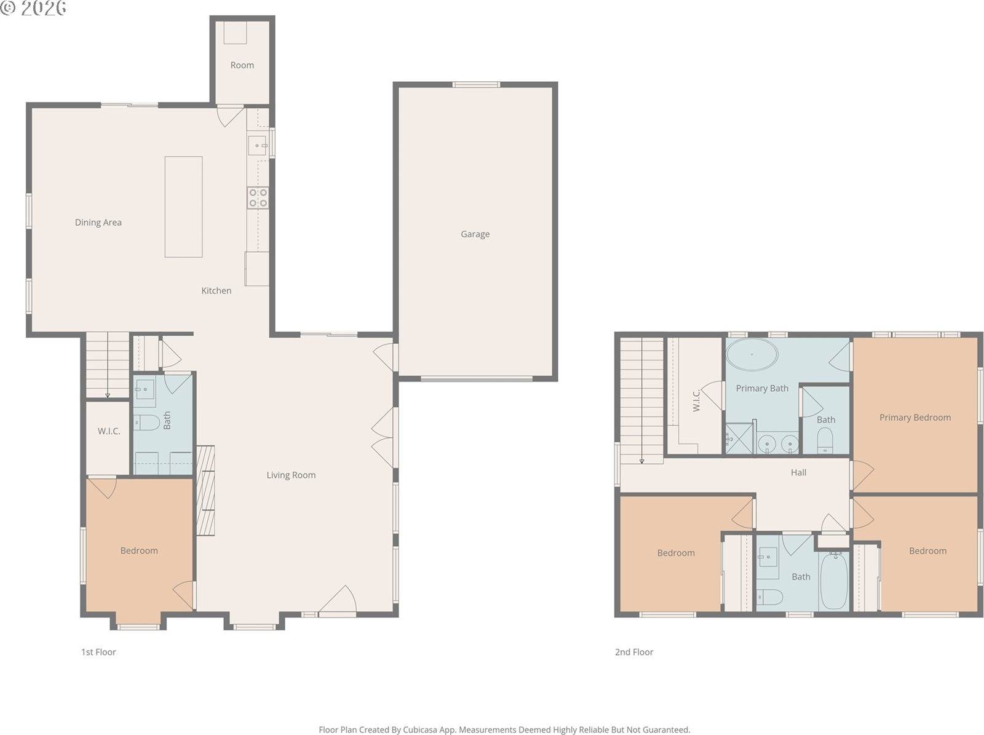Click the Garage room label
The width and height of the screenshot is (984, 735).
tap(475, 234)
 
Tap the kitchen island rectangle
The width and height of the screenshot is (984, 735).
tap(183, 207)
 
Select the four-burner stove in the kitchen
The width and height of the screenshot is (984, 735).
tap(258, 197)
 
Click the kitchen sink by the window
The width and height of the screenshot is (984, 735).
tap(257, 146)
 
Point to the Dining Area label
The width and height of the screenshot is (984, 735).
tap(98, 223)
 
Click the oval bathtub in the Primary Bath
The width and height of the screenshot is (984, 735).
tap(752, 355)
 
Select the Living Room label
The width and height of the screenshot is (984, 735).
tap(291, 475)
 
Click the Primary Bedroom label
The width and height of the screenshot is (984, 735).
tap(915, 417)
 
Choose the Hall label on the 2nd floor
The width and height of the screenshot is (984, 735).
tap(798, 472)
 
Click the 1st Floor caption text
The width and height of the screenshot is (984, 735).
tap(98, 652)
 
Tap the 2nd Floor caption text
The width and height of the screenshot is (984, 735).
tap(634, 652)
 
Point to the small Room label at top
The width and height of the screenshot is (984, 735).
tap(242, 65)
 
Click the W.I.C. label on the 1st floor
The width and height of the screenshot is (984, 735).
tap(109, 431)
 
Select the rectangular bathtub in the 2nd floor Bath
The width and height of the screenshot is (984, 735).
tap(834, 580)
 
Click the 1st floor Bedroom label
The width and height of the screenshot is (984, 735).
tap(139, 550)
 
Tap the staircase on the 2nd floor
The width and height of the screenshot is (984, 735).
tap(641, 400)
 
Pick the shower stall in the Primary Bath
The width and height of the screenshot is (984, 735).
tap(740, 439)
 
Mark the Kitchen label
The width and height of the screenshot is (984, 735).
tap(216, 290)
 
